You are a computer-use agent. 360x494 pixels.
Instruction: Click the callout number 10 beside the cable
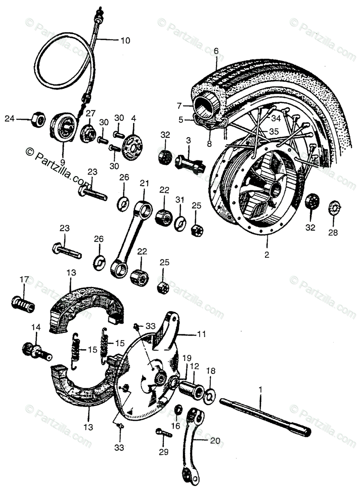coord(125,41)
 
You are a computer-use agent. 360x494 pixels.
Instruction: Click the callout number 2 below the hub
coord(267,254)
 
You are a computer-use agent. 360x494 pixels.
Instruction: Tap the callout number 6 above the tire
coord(216,51)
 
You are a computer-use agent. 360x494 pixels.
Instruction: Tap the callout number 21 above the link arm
coord(144,183)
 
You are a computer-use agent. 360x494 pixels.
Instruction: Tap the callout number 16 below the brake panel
coord(176,426)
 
